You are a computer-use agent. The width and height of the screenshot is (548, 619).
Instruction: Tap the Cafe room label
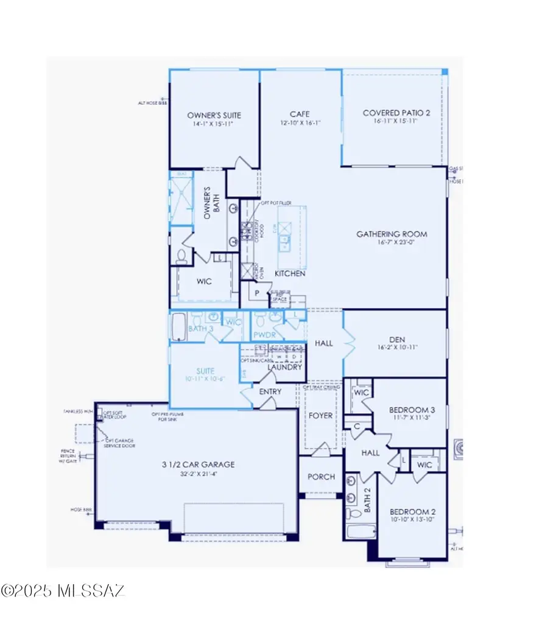click(x=299, y=114)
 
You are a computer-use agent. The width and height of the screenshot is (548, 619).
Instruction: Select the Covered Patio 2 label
click(x=393, y=113)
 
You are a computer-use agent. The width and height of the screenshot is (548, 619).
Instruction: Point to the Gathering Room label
click(x=392, y=234)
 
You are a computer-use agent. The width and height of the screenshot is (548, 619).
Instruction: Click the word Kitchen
click(x=290, y=274)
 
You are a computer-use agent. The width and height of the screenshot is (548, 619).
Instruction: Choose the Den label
click(x=398, y=340)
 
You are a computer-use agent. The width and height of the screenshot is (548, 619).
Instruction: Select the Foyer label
click(x=320, y=416)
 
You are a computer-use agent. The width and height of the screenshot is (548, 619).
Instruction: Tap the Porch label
click(x=320, y=477)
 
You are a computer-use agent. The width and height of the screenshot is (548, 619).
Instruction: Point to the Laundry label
click(x=284, y=368)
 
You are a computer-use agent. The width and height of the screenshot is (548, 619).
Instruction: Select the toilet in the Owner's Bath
click(x=181, y=257)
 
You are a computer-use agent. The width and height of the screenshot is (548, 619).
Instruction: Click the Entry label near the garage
click(x=270, y=391)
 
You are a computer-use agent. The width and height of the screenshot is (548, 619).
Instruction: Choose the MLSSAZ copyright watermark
click(x=63, y=590)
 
